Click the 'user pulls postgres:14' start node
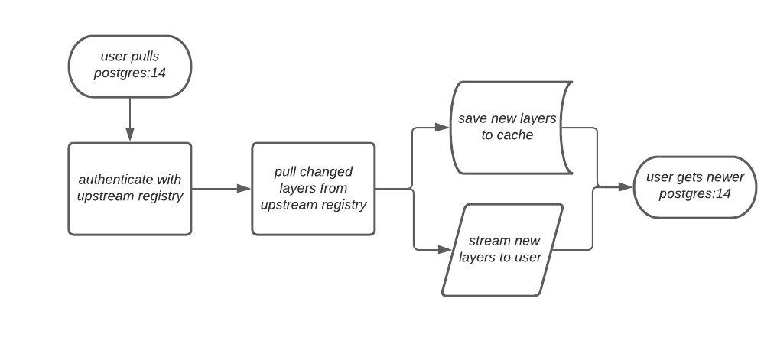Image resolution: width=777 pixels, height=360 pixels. click(x=129, y=66)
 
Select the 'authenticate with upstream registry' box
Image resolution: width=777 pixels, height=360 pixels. click(x=129, y=188)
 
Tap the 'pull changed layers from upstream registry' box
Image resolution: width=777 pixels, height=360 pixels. click(x=313, y=188)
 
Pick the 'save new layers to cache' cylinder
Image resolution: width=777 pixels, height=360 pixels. click(x=508, y=127)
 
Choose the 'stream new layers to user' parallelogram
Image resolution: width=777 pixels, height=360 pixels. click(x=502, y=249)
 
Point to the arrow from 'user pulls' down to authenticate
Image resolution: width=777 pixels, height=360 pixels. click(x=129, y=119)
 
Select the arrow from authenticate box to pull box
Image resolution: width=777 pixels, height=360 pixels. click(x=221, y=188)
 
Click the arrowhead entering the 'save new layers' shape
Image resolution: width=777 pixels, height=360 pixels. click(x=442, y=127)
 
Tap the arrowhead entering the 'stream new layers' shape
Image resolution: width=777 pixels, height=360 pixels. click(x=442, y=249)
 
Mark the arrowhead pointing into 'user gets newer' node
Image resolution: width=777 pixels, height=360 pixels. click(x=626, y=186)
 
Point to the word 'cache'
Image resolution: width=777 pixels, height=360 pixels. click(x=516, y=135)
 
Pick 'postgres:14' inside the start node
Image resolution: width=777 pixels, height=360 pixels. click(x=129, y=74)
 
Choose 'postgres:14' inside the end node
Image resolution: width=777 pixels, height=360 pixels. click(x=694, y=194)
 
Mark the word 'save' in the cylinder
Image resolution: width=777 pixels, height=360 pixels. click(x=471, y=119)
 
